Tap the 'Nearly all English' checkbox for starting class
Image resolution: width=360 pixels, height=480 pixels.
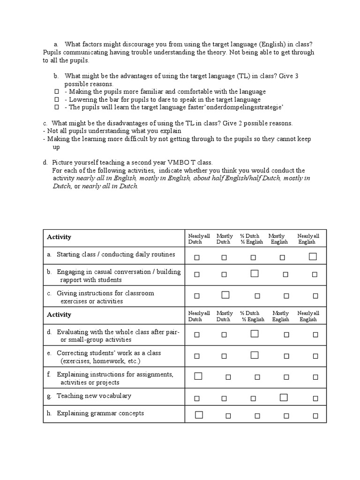tap(313, 256)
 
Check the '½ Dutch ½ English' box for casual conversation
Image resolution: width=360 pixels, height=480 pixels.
tap(255, 274)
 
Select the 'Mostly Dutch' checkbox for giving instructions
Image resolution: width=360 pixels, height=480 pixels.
tap(225, 295)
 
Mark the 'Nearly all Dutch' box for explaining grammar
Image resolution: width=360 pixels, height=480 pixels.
tap(198, 415)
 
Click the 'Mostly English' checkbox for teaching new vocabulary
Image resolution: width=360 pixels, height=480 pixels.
tap(283, 397)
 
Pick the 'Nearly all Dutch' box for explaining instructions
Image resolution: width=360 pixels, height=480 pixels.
tap(198, 376)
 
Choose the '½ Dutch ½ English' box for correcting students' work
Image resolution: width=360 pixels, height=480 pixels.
tap(255, 355)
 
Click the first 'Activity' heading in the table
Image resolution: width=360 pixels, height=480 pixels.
tap(59, 237)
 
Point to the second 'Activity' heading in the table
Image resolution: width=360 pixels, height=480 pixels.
tap(59, 315)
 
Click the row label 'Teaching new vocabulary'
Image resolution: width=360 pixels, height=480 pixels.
tap(94, 396)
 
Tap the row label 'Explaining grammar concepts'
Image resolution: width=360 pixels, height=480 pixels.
tap(100, 413)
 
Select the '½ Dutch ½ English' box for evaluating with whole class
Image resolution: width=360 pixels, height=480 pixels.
tap(255, 334)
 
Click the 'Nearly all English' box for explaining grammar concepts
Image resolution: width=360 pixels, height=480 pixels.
tap(315, 416)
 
